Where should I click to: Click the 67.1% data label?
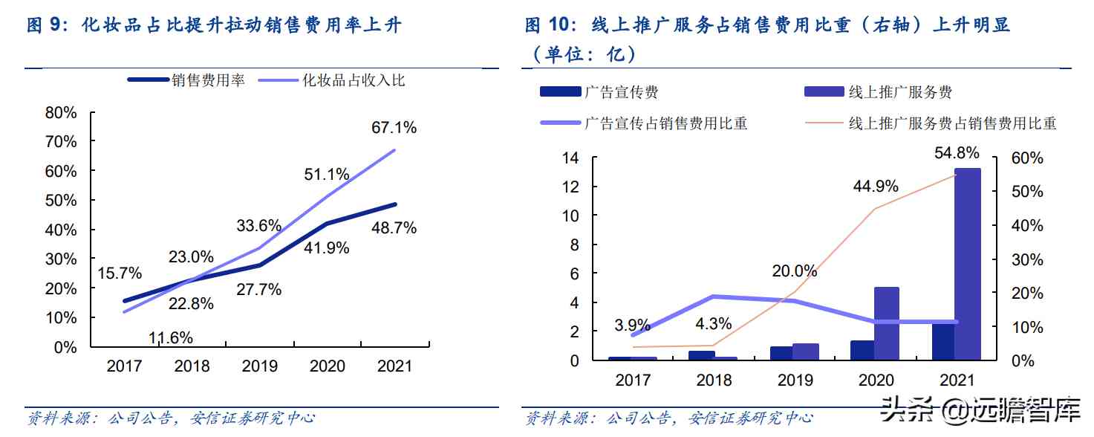pyautogui.click(x=394, y=128)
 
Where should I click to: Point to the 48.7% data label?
pyautogui.click(x=394, y=228)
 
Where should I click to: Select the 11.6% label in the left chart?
pyautogui.click(x=170, y=338)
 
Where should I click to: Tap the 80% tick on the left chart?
pyautogui.click(x=61, y=113)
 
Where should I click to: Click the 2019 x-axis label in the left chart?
pyautogui.click(x=260, y=366)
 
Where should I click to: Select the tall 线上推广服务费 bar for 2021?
pyautogui.click(x=967, y=264)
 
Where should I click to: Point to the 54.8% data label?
pyautogui.click(x=957, y=153)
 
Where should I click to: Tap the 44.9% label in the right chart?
pyautogui.click(x=876, y=186)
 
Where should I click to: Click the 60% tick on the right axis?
pyautogui.click(x=1027, y=158)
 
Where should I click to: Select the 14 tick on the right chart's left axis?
pyautogui.click(x=570, y=158)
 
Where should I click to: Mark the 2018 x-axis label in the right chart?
pyautogui.click(x=714, y=381)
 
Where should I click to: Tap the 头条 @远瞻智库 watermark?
pyautogui.click(x=980, y=408)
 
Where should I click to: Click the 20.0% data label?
pyautogui.click(x=794, y=271)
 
